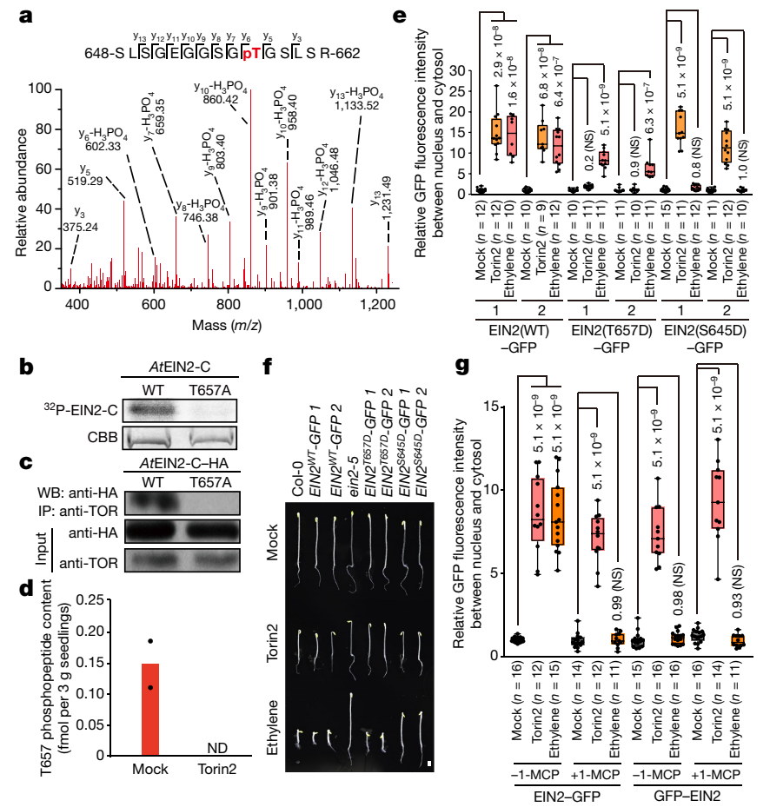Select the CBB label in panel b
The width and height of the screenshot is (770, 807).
click(97, 435)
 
